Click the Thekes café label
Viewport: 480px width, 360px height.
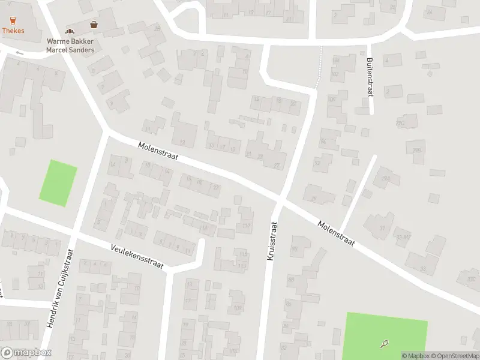(13, 30)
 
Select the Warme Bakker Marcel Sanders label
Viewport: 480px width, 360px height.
(70, 46)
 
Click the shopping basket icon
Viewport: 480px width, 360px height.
(94, 25)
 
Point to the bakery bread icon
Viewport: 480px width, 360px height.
(70, 31)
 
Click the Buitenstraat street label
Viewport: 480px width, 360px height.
(370, 76)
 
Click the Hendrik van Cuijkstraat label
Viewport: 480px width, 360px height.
(60, 288)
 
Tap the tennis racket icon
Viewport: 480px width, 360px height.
(384, 344)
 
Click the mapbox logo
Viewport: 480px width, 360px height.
(26, 353)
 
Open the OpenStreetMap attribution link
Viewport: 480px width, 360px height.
(454, 356)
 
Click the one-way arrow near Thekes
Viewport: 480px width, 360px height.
(19, 53)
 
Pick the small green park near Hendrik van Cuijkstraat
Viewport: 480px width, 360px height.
(58, 183)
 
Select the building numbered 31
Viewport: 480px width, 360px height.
(383, 227)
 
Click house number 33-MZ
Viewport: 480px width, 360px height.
(403, 238)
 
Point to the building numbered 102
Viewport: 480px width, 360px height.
(334, 74)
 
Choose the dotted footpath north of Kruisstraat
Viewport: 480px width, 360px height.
(319, 66)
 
